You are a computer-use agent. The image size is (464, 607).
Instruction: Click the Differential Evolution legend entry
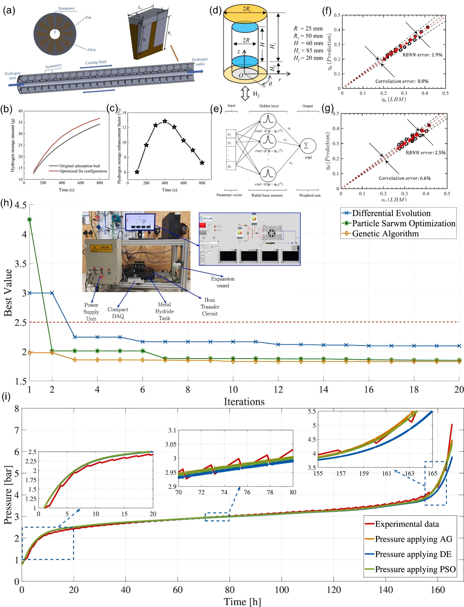point(391,213)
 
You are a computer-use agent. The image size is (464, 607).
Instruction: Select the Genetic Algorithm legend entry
point(385,234)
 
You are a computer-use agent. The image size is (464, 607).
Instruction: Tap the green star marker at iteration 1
point(29,219)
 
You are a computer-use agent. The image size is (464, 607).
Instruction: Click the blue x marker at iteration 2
point(52,293)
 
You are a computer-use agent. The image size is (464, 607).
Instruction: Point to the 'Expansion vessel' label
point(223,282)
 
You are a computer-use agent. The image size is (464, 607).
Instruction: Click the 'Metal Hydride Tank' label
point(164,311)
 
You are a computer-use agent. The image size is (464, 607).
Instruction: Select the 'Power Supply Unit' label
point(91,312)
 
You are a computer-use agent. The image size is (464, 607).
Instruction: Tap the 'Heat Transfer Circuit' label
point(210,307)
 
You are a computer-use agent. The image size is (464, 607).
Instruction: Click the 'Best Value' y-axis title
point(8,293)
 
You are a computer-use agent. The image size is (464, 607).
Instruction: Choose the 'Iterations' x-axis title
point(244,402)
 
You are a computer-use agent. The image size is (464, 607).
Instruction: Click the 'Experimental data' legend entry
point(407,524)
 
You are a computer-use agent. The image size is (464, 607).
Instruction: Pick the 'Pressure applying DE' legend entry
point(413,554)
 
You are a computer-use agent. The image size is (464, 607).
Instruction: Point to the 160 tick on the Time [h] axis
point(438,590)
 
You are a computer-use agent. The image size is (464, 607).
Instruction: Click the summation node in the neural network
point(306,146)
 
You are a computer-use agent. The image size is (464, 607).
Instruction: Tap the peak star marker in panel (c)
point(165,121)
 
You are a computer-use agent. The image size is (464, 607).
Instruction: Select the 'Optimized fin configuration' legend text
point(83,171)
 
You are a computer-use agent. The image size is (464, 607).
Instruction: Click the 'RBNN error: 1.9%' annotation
point(422,55)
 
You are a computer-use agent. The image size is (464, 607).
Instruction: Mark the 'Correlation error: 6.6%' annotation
point(404,178)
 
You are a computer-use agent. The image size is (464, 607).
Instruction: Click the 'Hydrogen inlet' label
point(12,75)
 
